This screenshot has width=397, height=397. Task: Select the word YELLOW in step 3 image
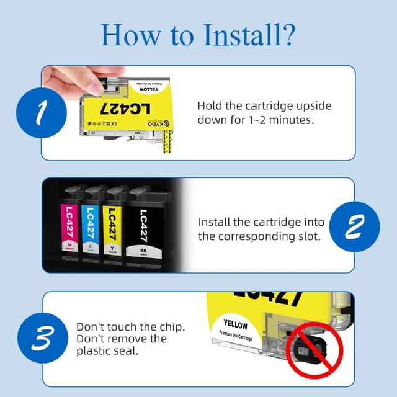[x=235, y=325]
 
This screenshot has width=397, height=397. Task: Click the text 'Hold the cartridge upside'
[x=264, y=105]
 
